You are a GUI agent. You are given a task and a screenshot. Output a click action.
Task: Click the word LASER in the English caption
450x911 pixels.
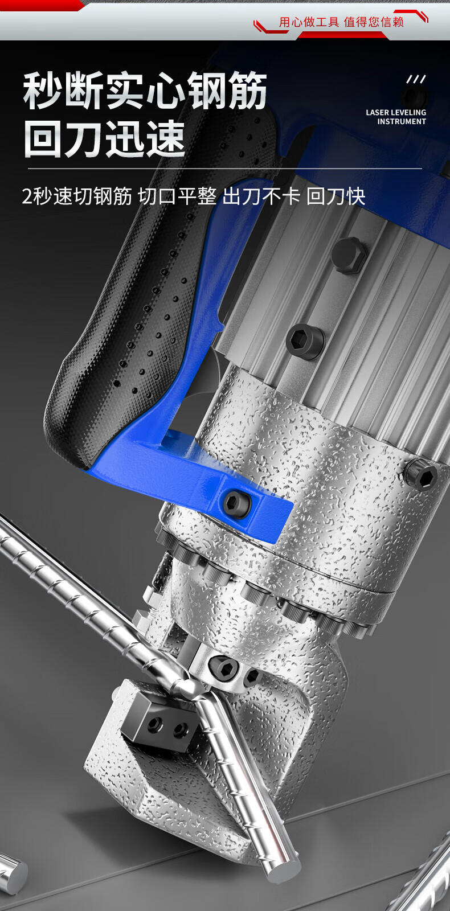377,112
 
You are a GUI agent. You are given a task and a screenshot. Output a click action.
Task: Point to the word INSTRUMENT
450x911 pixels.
401,121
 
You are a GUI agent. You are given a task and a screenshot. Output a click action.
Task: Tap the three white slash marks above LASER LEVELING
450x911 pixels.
416,79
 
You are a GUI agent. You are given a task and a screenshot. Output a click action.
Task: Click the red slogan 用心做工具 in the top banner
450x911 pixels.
309,22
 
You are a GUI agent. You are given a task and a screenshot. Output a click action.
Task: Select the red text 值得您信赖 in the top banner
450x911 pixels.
374,22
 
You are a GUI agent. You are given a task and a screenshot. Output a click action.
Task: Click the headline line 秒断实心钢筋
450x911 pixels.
145,91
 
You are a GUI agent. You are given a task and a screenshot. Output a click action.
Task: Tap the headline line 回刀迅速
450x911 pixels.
105,138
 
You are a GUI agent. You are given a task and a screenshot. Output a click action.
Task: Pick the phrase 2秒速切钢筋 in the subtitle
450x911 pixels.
77,196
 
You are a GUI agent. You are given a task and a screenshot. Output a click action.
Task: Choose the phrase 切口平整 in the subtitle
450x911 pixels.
177,196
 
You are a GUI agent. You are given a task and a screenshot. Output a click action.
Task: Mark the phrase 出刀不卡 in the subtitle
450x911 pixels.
261,196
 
